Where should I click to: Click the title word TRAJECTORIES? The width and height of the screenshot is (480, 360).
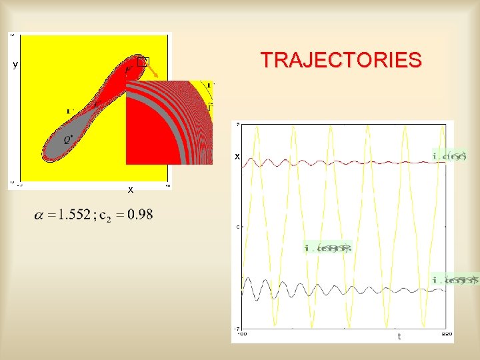[341, 60]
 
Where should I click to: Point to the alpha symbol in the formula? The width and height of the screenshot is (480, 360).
[40, 215]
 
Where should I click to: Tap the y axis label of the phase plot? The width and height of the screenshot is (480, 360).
[15, 65]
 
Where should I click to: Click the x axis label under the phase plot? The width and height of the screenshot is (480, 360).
[131, 189]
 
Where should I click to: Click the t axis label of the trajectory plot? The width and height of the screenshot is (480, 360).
[399, 337]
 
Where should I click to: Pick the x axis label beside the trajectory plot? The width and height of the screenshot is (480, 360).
[236, 156]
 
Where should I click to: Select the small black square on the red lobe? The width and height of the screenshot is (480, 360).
[141, 62]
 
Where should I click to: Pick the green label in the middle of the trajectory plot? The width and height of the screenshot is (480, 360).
[327, 248]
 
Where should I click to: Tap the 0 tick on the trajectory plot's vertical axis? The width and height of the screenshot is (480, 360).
[238, 227]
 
